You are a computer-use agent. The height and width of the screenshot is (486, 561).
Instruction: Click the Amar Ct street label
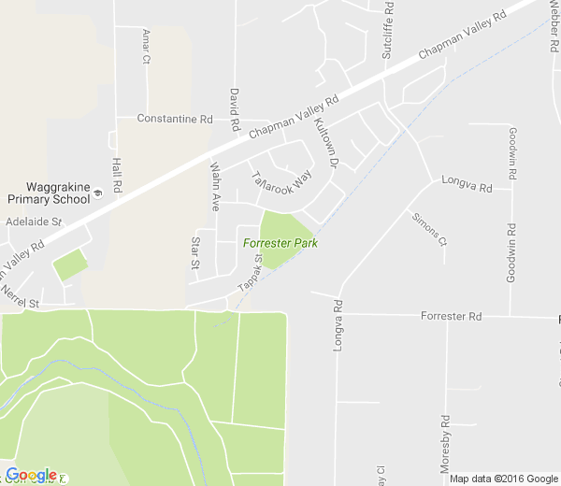pos(146,46)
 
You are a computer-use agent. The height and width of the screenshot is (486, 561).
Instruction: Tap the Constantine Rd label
pos(175,119)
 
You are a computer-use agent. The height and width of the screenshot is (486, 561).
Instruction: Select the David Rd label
pos(235,110)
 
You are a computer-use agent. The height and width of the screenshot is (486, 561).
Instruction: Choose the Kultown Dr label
pos(325,145)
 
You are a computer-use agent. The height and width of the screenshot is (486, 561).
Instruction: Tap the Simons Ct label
pos(430,230)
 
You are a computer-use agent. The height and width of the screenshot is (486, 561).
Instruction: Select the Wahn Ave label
pos(215,188)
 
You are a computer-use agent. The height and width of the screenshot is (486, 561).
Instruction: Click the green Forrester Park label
pos(280,243)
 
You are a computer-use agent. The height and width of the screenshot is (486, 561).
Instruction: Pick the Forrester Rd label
pos(450,317)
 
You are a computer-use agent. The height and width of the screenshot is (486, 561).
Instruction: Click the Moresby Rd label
pos(446,443)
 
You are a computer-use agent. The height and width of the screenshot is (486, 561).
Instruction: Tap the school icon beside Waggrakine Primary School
pos(97,195)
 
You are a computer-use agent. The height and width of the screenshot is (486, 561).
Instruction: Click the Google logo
pos(31,475)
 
